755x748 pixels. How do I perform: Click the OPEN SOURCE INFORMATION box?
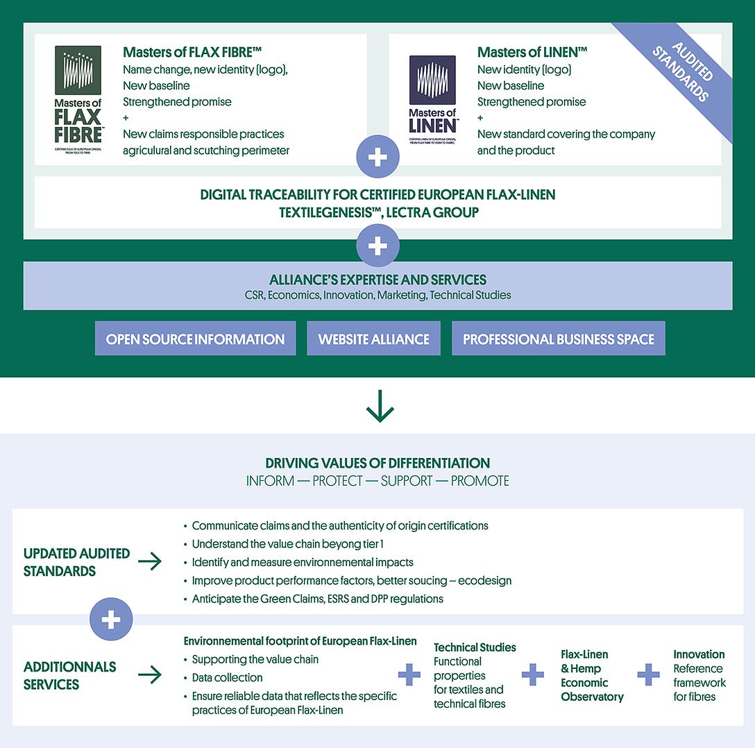click(x=195, y=339)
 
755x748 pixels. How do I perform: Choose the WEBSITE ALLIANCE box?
click(x=373, y=339)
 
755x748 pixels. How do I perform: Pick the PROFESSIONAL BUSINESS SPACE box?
click(x=559, y=339)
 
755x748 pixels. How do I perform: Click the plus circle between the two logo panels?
click(x=377, y=158)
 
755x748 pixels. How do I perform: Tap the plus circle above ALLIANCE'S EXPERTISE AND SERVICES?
click(x=377, y=246)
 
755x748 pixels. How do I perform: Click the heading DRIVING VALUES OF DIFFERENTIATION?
click(x=377, y=463)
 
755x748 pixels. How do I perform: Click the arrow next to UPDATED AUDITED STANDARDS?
click(x=150, y=562)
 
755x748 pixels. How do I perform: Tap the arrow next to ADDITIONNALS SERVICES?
click(x=150, y=674)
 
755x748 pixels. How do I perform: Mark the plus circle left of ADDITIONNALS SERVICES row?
click(x=111, y=620)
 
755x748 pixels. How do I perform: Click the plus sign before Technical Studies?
click(x=409, y=674)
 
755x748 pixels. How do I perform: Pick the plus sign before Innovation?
click(x=648, y=674)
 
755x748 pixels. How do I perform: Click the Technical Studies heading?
click(x=475, y=647)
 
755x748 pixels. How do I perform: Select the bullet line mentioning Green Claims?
click(x=317, y=599)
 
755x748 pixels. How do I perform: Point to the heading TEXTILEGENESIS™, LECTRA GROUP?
click(x=377, y=212)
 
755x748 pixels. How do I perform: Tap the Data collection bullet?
click(x=227, y=677)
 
